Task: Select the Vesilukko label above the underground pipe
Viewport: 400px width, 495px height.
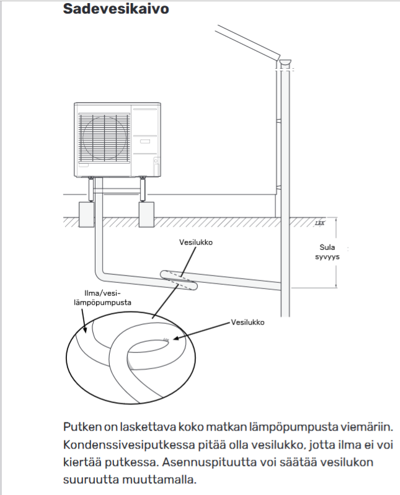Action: pyautogui.click(x=193, y=243)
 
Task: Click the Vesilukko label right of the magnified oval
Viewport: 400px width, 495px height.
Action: pyautogui.click(x=247, y=323)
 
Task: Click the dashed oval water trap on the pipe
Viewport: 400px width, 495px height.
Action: pyautogui.click(x=178, y=277)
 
